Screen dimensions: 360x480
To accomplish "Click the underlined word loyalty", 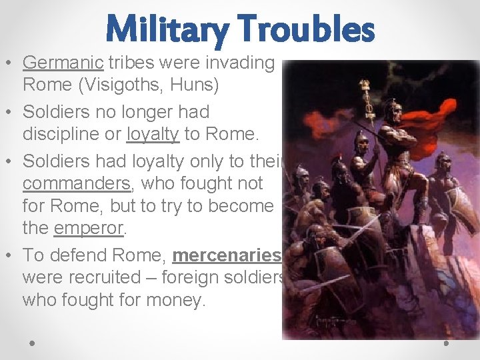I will [153, 133].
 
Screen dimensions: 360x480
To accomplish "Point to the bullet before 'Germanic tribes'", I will [11, 63].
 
